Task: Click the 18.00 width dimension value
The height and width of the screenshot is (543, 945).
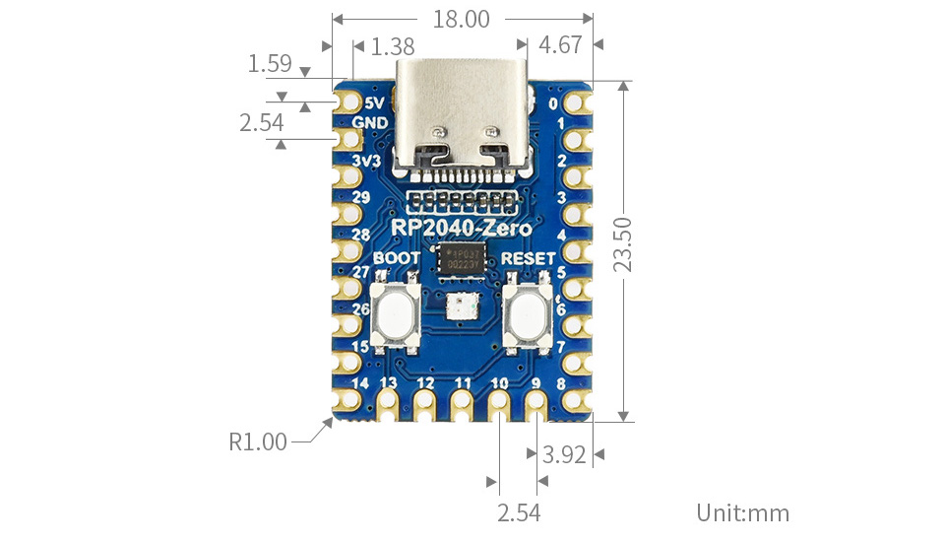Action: [462, 19]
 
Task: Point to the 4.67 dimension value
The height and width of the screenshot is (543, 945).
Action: [560, 45]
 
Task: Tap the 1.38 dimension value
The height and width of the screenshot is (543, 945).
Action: [394, 46]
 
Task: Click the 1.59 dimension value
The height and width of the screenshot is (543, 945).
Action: [270, 65]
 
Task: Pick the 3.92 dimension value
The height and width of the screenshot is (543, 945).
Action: [564, 454]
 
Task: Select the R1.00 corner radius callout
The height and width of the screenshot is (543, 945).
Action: [258, 441]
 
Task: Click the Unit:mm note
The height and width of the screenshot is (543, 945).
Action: [743, 512]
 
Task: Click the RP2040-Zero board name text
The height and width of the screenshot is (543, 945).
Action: [462, 229]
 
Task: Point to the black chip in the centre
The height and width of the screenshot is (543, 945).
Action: [463, 261]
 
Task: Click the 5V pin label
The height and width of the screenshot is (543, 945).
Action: [374, 102]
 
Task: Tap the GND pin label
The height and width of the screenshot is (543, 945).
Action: [369, 123]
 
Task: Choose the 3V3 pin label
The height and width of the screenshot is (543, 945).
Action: [366, 160]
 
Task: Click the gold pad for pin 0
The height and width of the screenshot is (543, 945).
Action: [577, 102]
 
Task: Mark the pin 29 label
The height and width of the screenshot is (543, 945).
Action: [360, 197]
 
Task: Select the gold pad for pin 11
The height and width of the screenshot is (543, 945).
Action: [462, 402]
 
